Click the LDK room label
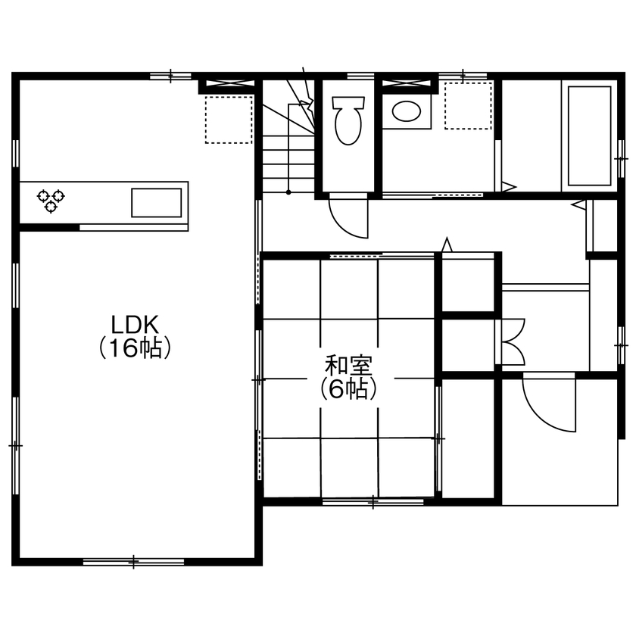134,325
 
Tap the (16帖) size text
134,349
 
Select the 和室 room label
348,366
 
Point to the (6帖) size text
348,389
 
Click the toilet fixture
348,120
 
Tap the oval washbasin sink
407,112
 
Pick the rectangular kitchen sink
157,203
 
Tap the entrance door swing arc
547,404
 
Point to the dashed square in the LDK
229,120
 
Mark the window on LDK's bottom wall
133,561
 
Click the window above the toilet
360,75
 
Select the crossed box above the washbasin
410,83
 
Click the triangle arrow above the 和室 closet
447,245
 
